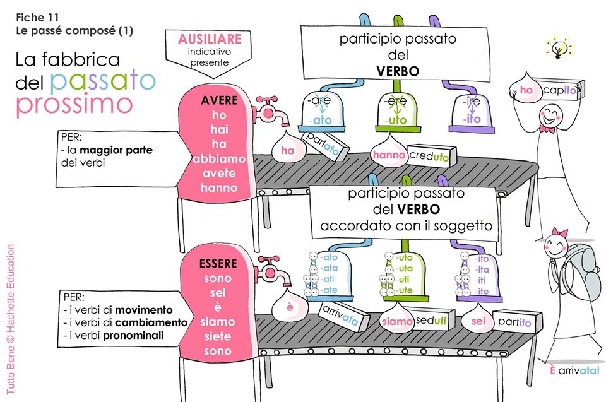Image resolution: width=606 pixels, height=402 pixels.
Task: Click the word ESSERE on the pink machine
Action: coord(220,262)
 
